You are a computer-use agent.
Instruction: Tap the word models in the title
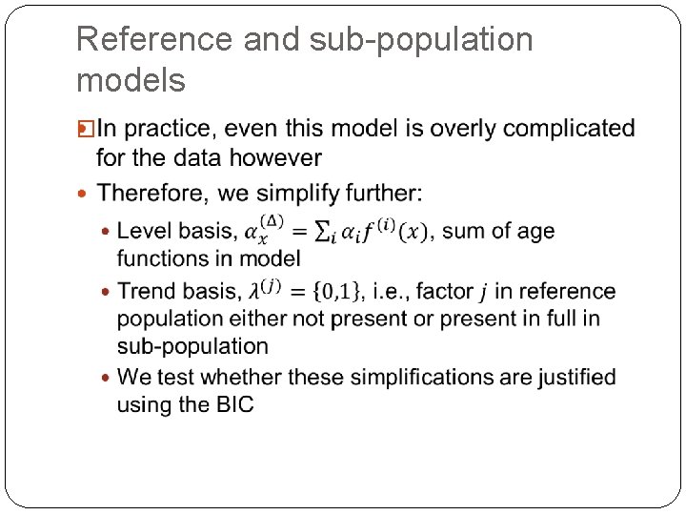[131, 81]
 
